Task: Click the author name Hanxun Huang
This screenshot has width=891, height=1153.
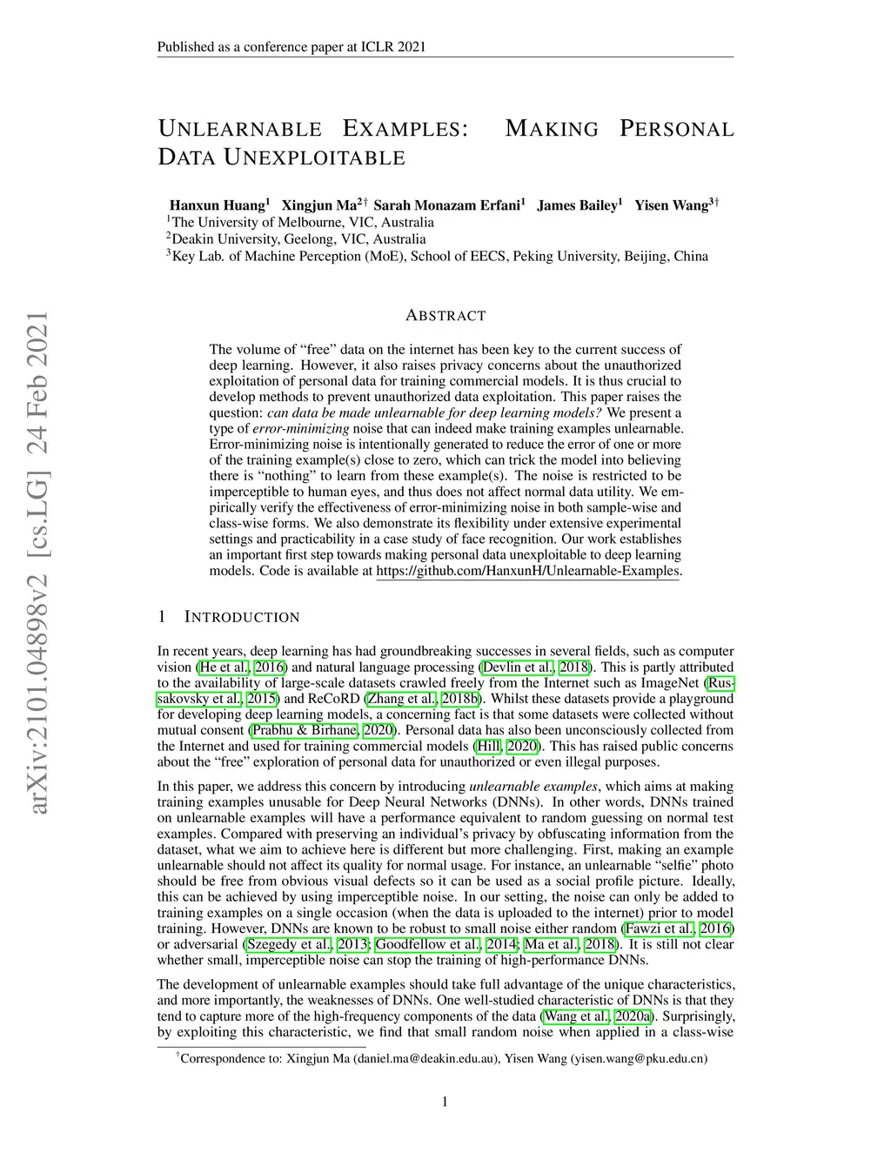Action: point(217,205)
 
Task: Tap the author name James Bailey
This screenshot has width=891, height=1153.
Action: point(576,205)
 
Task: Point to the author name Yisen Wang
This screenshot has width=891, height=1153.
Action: point(672,205)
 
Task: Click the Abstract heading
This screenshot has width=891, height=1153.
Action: point(445,316)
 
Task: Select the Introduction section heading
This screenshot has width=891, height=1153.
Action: point(242,617)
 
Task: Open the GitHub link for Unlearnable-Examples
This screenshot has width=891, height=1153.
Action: point(528,571)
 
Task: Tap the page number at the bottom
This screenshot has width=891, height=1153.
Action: point(445,1103)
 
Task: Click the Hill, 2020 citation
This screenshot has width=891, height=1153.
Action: point(507,746)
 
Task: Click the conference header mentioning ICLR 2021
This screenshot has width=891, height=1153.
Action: point(291,47)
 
